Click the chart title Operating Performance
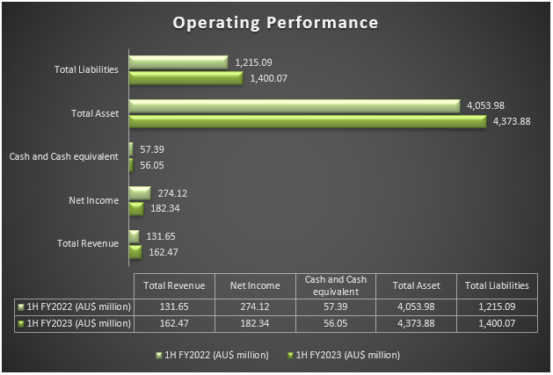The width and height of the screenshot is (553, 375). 275,22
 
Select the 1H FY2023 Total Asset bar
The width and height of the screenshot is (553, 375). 307,121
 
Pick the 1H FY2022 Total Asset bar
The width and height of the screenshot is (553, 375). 294,106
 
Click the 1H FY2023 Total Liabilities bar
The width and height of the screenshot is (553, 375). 186,78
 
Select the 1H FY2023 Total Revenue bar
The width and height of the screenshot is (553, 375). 135,251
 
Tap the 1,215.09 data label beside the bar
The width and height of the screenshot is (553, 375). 255,62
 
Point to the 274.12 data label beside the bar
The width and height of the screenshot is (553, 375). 171,192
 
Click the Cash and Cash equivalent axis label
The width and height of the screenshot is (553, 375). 63,156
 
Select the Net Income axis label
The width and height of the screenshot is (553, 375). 93,200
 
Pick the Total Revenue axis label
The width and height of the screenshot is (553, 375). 87,243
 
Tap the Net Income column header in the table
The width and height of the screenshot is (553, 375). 254,285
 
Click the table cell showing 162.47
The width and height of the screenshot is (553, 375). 174,323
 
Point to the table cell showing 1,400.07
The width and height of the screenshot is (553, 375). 497,323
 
